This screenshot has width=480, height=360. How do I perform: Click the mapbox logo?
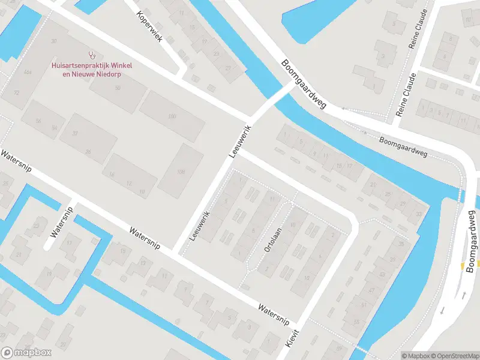tap(26, 353)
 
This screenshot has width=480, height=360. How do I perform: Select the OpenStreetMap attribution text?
tap(456, 356)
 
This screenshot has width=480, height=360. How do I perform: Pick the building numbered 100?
tap(173, 116)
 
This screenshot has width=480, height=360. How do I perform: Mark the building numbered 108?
tap(181, 172)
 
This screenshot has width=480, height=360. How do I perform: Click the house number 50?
tap(118, 88)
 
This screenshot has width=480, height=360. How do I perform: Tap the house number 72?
tap(16, 93)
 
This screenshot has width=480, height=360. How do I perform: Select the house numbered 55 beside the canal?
tap(356, 322)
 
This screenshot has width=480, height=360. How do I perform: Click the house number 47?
tap(371, 290)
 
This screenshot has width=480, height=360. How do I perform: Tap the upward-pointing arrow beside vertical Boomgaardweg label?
tap(464, 294)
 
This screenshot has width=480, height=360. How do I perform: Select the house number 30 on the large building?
tap(54, 41)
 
